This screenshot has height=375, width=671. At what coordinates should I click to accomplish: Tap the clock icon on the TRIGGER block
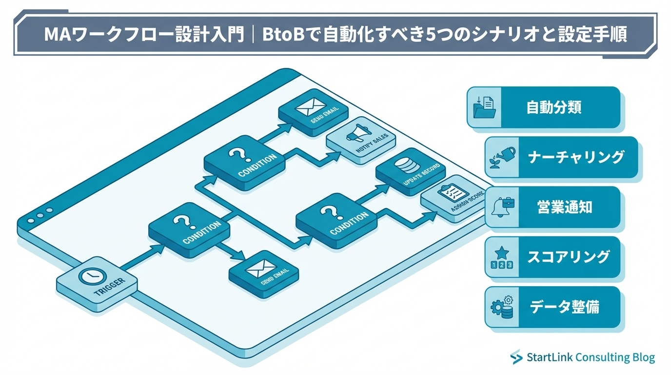[x=90, y=276]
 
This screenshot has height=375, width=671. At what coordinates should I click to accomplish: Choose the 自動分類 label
[x=553, y=107]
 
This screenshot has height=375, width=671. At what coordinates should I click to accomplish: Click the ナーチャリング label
[x=576, y=157]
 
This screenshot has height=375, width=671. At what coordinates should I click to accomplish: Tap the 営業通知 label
[x=565, y=207]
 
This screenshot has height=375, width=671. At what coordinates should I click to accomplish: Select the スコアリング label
[x=568, y=257]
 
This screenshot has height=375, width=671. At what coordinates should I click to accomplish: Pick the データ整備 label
[x=564, y=307]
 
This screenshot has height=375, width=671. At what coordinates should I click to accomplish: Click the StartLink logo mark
[x=516, y=358]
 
